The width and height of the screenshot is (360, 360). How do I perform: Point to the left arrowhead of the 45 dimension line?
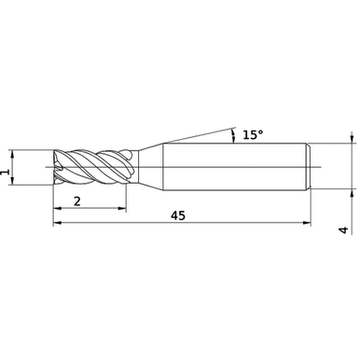coord(57,225)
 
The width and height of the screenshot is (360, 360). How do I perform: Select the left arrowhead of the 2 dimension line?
coord(57,210)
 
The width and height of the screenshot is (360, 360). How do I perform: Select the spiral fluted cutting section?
coord(93,168)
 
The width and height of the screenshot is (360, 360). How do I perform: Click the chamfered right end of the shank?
coord(308,168)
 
